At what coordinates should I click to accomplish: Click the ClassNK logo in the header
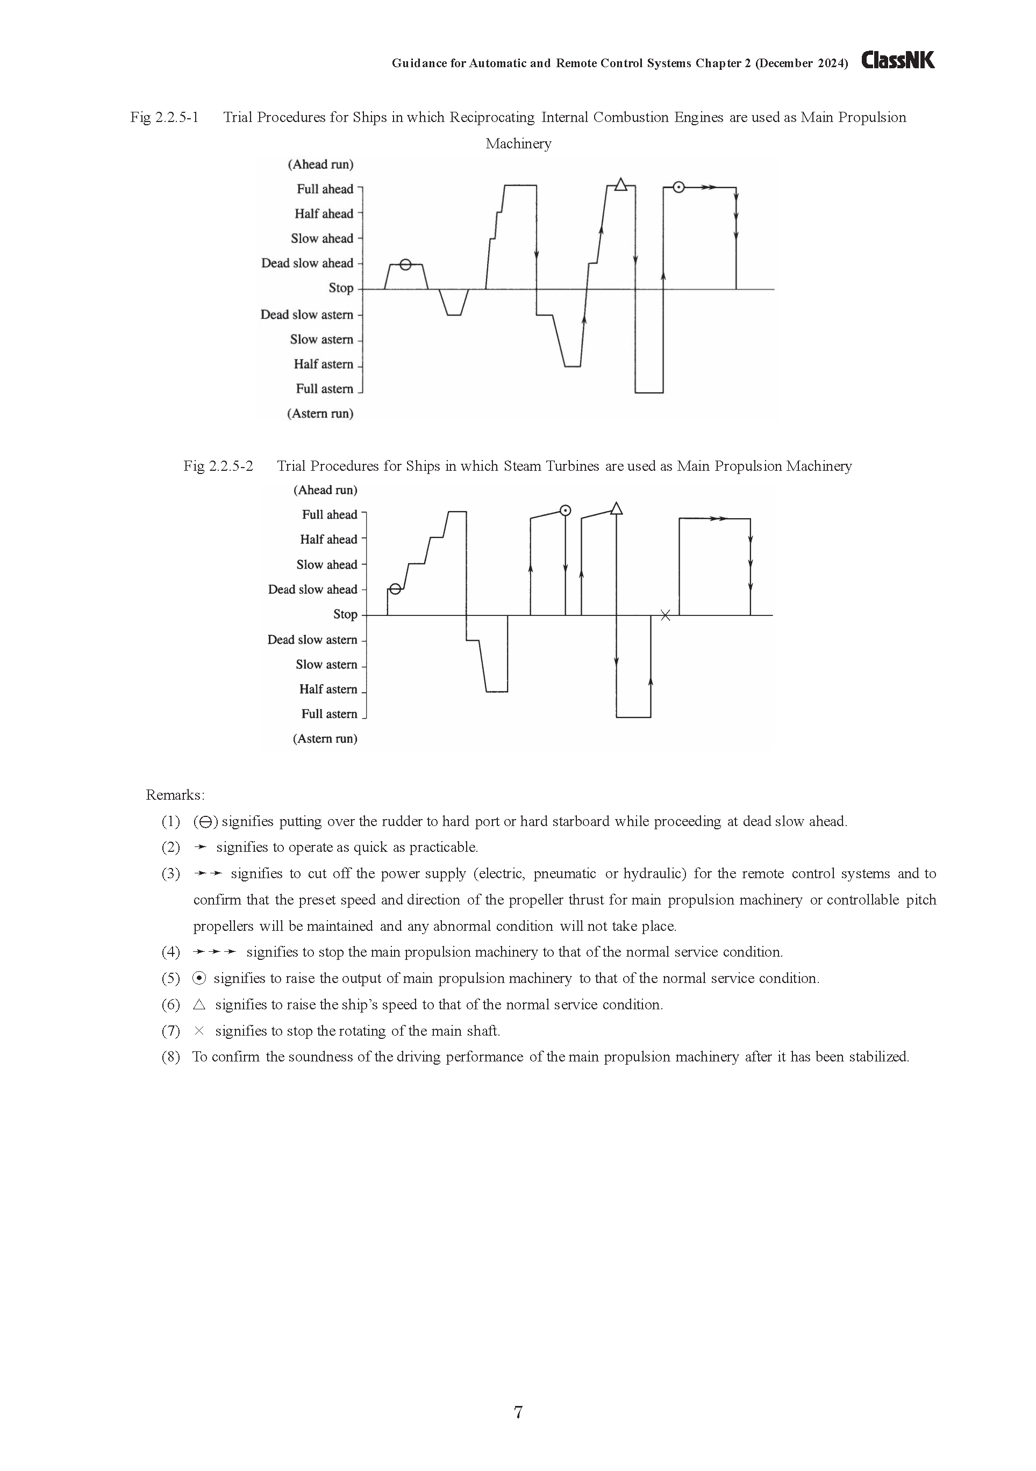pos(898,60)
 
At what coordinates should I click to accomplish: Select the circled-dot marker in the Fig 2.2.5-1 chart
pos(678,187)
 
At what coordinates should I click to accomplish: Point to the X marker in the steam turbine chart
pos(666,615)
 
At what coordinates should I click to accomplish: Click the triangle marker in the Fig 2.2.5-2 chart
pos(616,510)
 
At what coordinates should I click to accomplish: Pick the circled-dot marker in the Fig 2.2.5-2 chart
pos(565,511)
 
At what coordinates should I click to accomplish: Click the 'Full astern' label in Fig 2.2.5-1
pos(324,389)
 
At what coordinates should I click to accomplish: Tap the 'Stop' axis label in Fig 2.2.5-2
pos(345,614)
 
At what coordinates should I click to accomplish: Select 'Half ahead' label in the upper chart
pos(324,214)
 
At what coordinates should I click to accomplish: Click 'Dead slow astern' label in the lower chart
pos(312,640)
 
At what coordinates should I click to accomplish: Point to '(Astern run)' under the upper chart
pos(320,413)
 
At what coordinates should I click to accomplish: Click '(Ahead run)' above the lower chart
pos(325,490)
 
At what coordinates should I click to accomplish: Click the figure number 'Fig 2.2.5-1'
pos(164,117)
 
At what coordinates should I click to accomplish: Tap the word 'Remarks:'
pos(175,795)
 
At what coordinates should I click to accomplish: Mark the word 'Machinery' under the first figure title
pos(518,143)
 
